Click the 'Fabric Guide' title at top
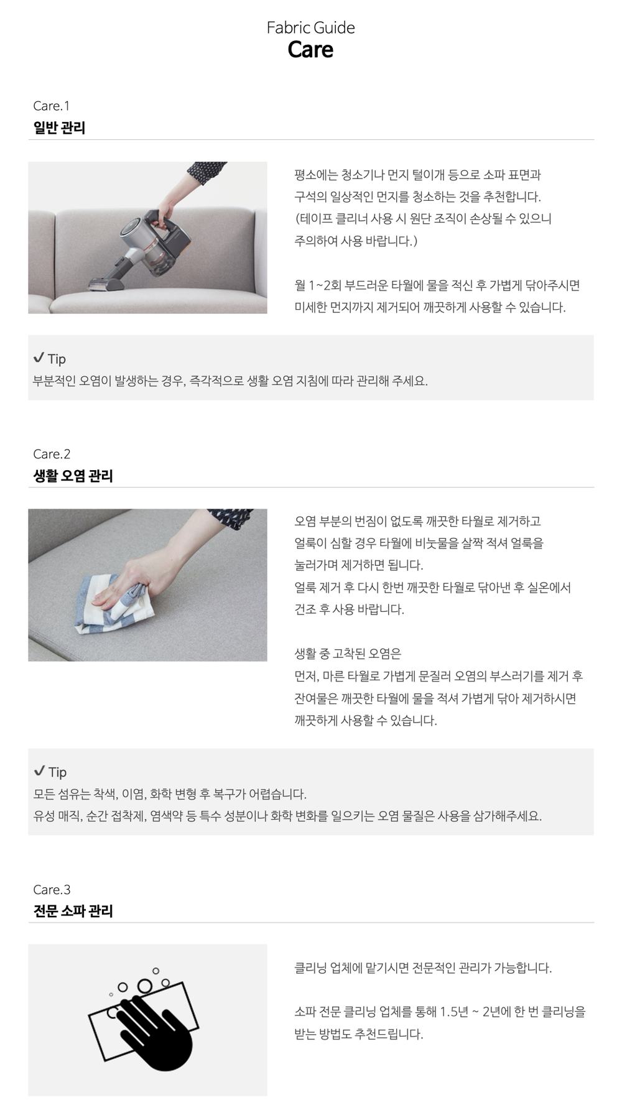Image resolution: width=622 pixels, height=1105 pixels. pos(310,27)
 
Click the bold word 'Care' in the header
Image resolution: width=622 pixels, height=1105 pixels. pos(310,50)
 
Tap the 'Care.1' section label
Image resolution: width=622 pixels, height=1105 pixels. pos(52,106)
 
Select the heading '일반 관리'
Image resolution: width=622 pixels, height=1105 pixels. pos(59,127)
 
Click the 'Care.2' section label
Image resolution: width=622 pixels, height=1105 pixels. pos(52,454)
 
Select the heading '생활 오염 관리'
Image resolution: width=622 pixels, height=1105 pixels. pos(73,476)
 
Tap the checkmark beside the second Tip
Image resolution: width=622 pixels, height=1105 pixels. pos(39,771)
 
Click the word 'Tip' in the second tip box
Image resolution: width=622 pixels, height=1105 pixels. pos(57,772)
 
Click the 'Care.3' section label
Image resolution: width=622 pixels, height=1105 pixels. pos(52,889)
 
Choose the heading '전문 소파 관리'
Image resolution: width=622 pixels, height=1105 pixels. pos(73,911)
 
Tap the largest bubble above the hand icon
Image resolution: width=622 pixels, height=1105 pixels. pos(145,986)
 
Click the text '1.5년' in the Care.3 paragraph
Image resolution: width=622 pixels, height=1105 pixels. pos(454,1012)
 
